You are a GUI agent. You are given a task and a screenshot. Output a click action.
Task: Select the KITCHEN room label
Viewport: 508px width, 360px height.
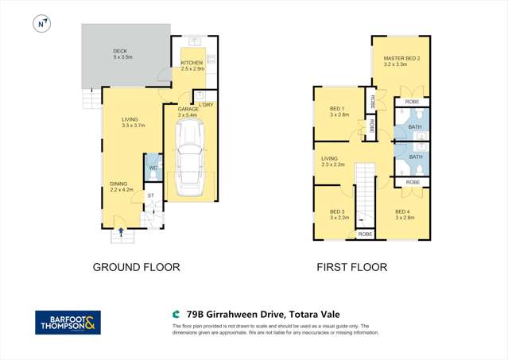point(192,64)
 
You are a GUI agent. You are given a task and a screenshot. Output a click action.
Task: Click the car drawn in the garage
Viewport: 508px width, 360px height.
point(189,167)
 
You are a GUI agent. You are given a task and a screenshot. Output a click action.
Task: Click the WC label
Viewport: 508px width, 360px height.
point(153,168)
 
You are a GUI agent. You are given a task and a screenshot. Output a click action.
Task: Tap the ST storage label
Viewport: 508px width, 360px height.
point(149,195)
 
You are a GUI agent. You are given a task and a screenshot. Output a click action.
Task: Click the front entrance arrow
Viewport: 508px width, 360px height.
point(121,232)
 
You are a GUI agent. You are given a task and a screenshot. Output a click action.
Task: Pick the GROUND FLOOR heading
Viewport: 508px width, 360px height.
point(136,267)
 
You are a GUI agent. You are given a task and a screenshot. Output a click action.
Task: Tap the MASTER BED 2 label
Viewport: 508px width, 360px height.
point(401,58)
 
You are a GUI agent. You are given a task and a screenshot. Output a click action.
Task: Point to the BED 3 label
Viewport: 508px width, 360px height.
point(336,211)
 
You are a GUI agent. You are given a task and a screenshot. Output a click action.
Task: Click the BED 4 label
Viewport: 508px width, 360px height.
point(405,211)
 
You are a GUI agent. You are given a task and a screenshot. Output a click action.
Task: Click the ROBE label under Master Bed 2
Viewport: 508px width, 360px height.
point(412,102)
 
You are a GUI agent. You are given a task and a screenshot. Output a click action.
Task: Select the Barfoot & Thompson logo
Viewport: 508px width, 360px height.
point(68,322)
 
